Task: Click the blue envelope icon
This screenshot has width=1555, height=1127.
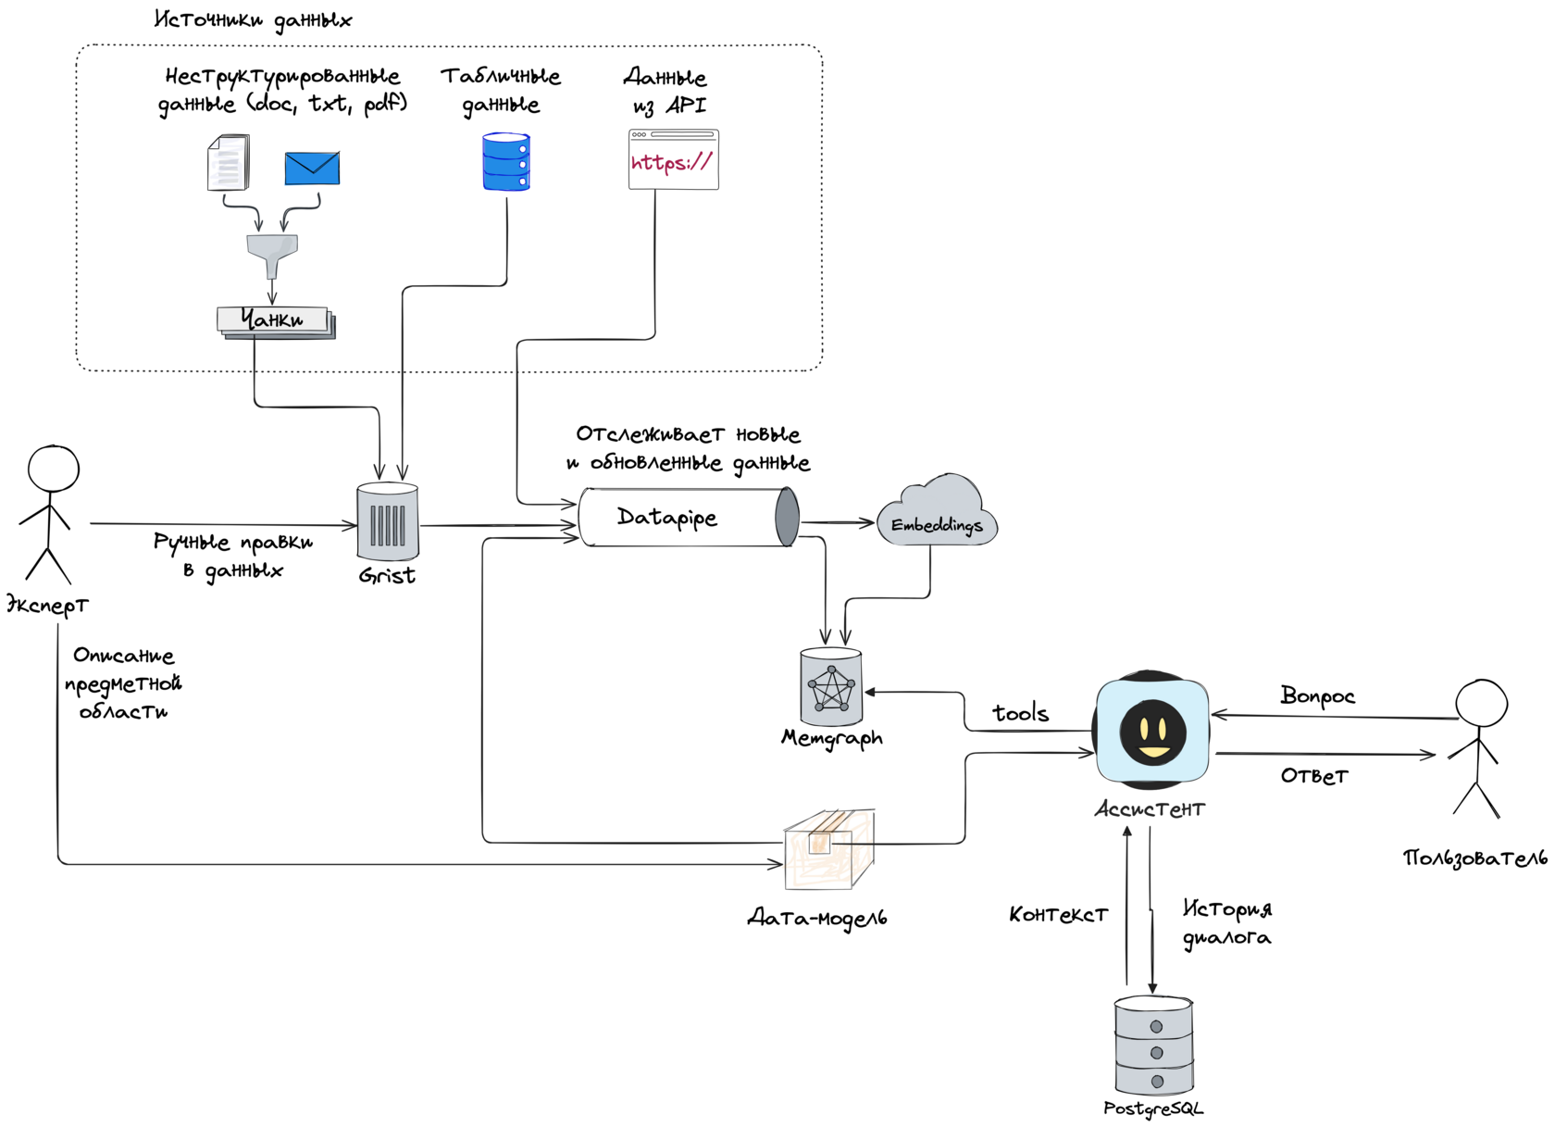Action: (x=312, y=168)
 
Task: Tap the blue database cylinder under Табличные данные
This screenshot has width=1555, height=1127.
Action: (x=506, y=162)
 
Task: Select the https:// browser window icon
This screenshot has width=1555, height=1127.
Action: (x=674, y=159)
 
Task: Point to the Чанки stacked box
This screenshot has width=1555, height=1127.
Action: (x=275, y=320)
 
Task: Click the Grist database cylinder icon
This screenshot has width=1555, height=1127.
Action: (x=388, y=521)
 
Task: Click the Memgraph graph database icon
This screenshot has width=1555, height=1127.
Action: (x=831, y=688)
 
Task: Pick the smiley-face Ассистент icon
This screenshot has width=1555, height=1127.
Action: (x=1152, y=731)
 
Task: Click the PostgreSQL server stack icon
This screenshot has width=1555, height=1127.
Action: (x=1154, y=1046)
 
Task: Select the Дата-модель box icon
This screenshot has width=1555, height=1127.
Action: (x=829, y=849)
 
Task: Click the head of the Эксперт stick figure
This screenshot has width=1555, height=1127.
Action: (x=54, y=469)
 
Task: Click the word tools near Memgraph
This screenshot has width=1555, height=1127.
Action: (x=1020, y=713)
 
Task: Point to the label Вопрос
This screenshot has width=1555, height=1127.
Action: (x=1317, y=696)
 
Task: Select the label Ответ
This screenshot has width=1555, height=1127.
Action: (x=1314, y=776)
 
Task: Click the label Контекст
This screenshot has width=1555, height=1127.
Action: (x=1058, y=915)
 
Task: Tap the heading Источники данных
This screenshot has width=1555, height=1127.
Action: (x=253, y=20)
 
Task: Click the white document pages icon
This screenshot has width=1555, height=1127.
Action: (x=229, y=162)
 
